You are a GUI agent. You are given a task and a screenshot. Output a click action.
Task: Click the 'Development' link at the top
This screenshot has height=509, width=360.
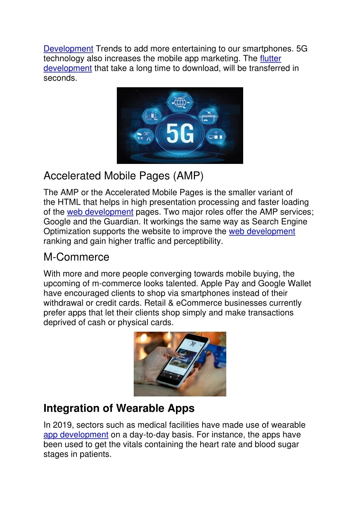click(68, 49)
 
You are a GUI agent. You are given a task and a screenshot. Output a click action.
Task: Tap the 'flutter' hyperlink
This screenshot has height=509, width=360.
click(270, 59)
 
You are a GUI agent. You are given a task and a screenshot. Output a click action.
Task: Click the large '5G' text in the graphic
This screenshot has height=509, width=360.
click(180, 134)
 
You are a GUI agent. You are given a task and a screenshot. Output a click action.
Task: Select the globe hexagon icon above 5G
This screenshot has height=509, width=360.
click(180, 103)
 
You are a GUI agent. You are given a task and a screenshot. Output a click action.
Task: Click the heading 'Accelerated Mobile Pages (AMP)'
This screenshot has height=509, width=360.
click(123, 176)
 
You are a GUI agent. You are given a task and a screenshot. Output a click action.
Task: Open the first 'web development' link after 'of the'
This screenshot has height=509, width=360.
click(100, 212)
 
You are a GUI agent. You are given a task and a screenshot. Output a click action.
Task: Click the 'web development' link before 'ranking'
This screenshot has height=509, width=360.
click(262, 231)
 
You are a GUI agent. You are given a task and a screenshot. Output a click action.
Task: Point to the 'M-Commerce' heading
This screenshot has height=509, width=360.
click(76, 257)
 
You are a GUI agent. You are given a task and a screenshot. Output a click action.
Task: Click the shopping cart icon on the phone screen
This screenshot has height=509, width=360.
click(193, 344)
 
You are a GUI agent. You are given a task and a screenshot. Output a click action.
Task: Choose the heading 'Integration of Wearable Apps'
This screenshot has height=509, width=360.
click(119, 408)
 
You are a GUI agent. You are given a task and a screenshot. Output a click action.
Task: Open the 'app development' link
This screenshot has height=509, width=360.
click(76, 435)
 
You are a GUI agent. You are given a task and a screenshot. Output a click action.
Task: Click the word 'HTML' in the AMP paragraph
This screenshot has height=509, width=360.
click(69, 202)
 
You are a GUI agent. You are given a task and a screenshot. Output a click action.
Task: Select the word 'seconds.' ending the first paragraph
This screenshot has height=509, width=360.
click(60, 78)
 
